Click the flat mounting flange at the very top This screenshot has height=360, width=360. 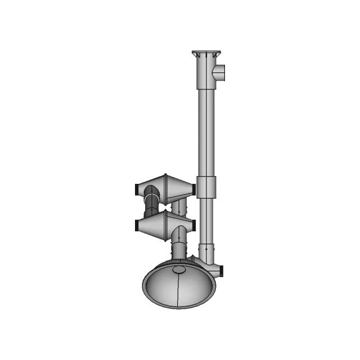[206, 53]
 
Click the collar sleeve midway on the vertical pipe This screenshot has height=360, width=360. [206, 186]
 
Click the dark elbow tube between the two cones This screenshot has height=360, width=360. [151, 206]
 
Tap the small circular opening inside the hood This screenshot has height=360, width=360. [179, 269]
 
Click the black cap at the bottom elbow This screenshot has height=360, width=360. [223, 270]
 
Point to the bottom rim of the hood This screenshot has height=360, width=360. [179, 307]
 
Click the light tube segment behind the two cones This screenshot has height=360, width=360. [179, 207]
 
